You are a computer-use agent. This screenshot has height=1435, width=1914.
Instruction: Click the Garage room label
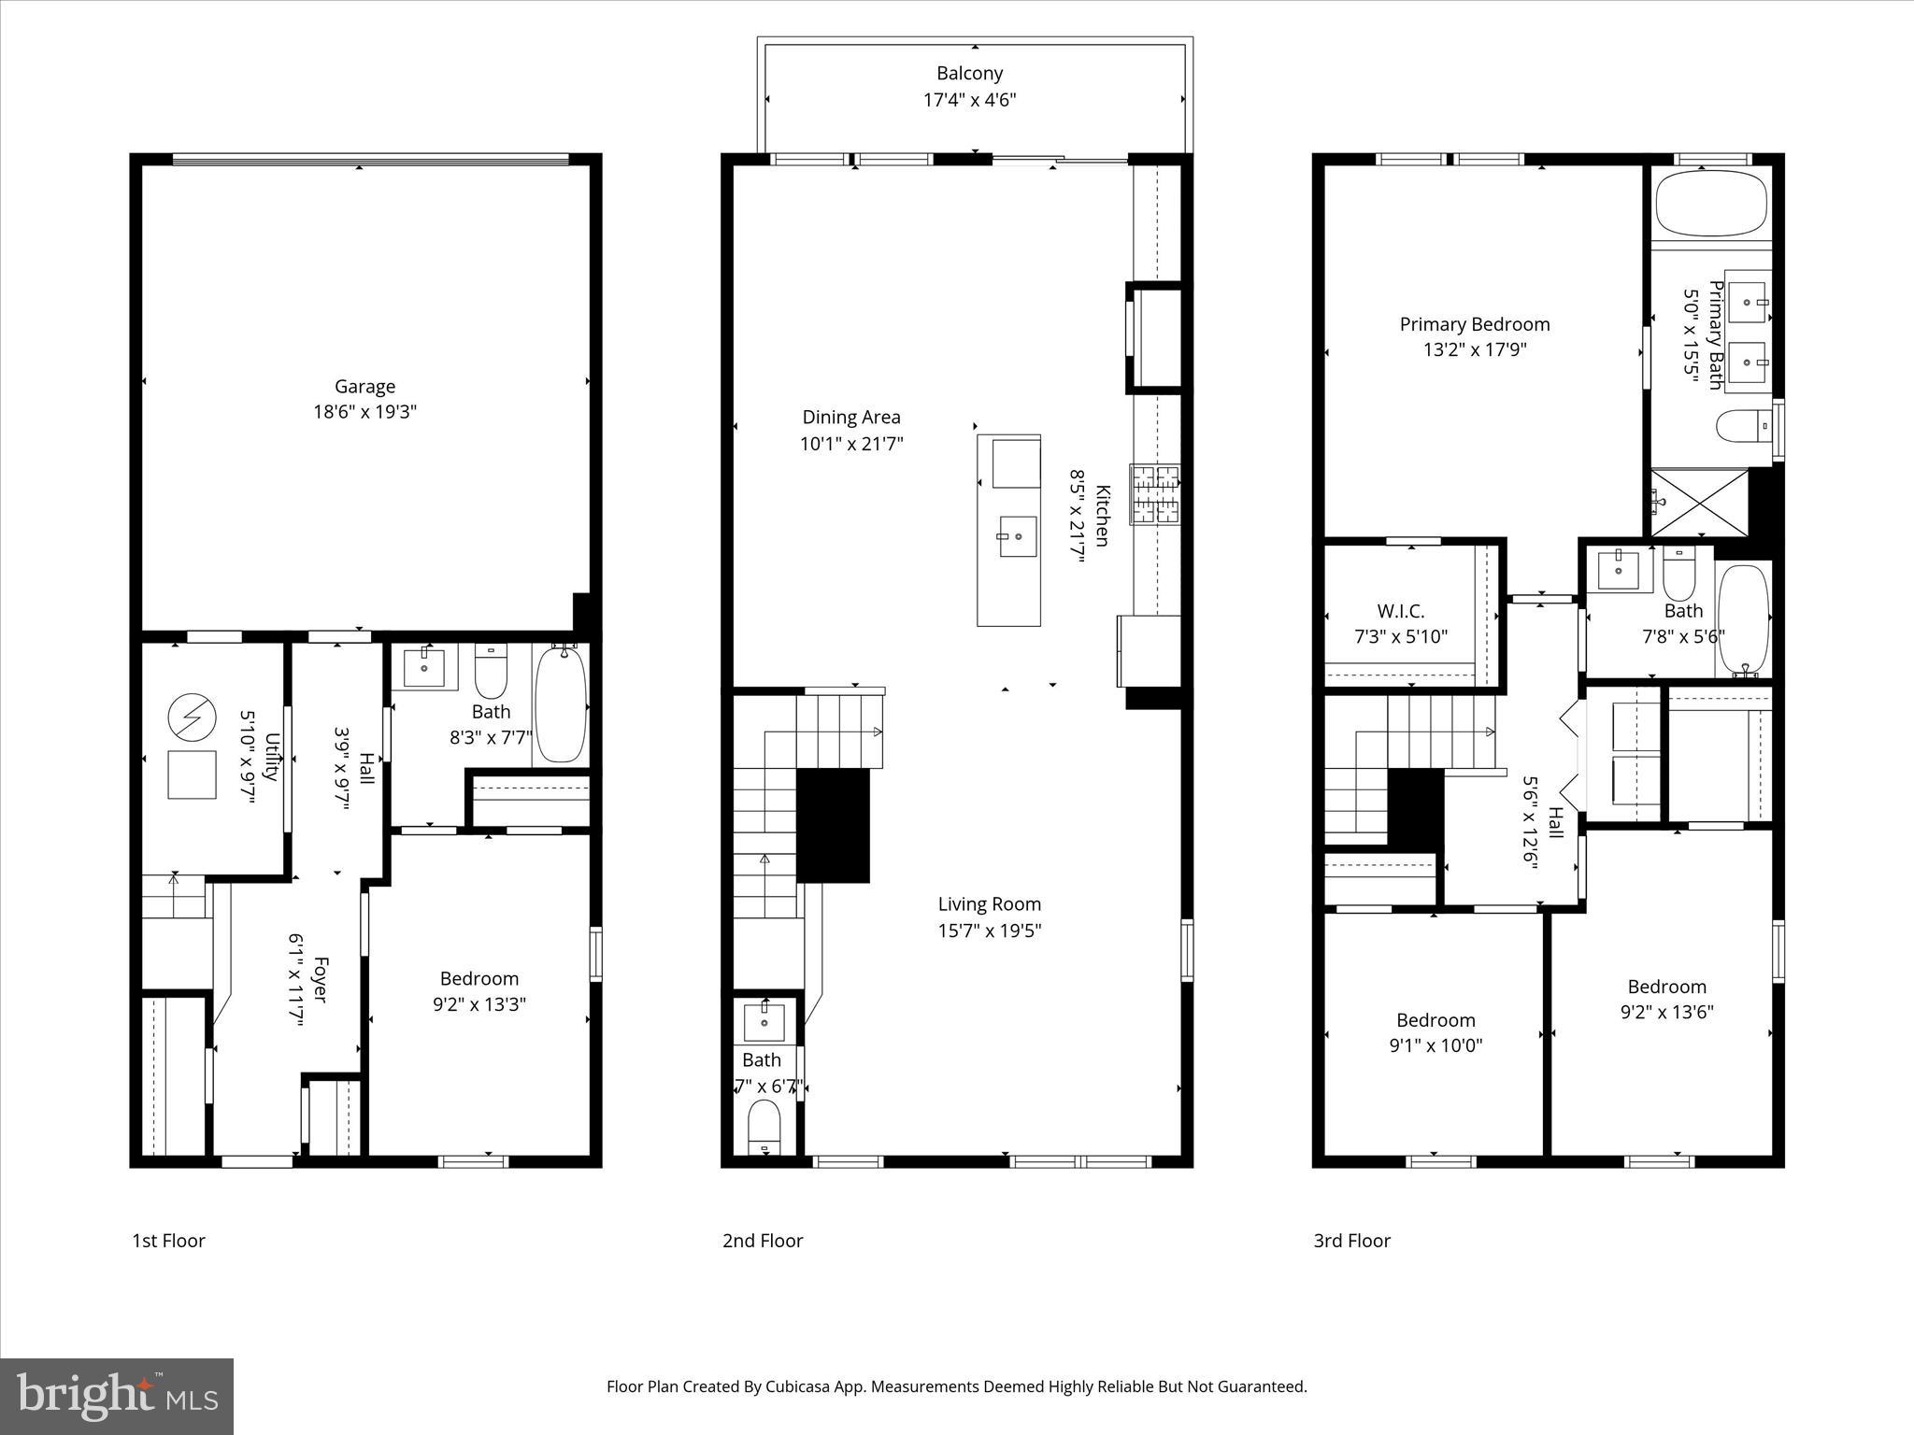click(364, 386)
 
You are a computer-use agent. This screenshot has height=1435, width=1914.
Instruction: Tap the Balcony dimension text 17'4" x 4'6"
click(969, 100)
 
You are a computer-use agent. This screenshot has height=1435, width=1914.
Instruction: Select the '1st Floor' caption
click(168, 1241)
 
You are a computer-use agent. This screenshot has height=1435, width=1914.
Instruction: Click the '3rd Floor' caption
click(1351, 1241)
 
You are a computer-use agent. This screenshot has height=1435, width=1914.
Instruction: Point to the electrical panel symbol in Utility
click(192, 717)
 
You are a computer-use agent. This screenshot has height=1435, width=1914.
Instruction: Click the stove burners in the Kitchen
click(1155, 494)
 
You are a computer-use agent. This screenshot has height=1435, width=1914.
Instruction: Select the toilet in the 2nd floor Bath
click(764, 1126)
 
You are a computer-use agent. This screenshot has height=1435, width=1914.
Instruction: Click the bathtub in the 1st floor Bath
click(560, 704)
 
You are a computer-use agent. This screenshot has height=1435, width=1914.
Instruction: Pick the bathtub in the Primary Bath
click(1711, 203)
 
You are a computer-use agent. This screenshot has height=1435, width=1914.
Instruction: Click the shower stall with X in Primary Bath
click(1699, 503)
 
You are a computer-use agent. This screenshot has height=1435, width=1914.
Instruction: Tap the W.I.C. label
click(1400, 612)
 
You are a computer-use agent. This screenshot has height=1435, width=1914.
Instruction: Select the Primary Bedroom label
click(1474, 324)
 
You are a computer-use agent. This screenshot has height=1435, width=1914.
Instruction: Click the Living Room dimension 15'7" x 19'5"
click(989, 931)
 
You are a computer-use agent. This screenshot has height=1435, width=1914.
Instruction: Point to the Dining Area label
click(850, 418)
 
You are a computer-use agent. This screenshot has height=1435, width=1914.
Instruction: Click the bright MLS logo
click(117, 1396)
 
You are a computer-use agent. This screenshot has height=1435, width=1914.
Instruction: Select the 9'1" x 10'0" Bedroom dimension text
click(1435, 1045)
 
